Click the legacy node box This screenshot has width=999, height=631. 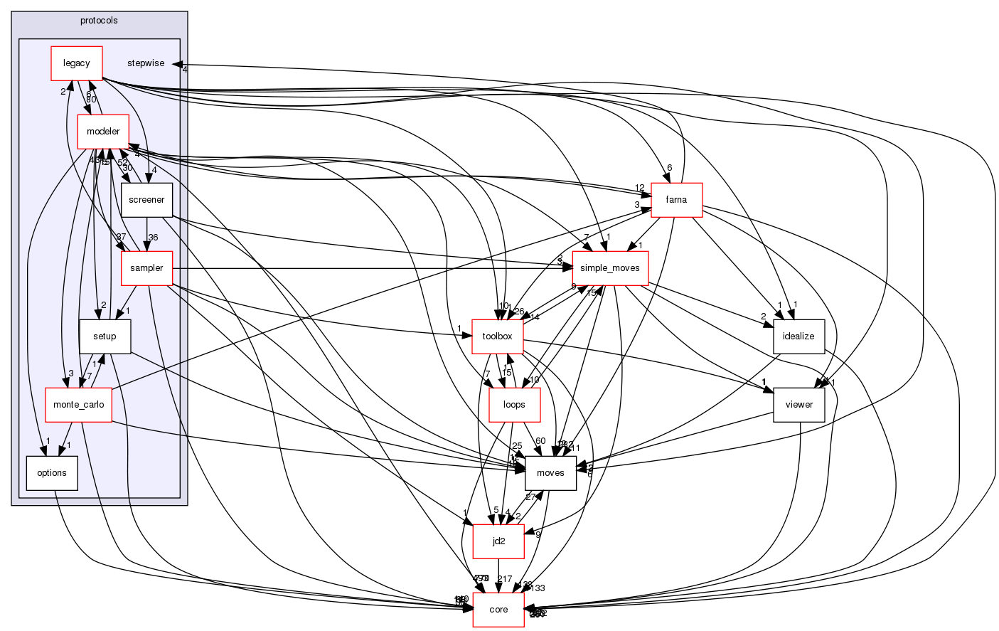click(x=77, y=63)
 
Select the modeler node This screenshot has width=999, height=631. click(x=102, y=132)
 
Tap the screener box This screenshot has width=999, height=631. click(x=146, y=200)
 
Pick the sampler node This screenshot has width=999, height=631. click(x=146, y=268)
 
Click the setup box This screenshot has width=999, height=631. click(x=105, y=336)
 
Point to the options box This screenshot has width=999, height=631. click(x=52, y=473)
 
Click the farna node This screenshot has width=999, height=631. click(x=676, y=200)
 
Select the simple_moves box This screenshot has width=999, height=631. click(x=610, y=268)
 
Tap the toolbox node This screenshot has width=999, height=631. click(x=498, y=336)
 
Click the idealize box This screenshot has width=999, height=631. click(x=798, y=336)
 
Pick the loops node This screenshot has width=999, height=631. click(x=514, y=405)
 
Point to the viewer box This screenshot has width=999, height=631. click(x=798, y=405)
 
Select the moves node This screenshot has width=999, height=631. click(x=550, y=473)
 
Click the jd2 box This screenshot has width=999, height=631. click(x=498, y=541)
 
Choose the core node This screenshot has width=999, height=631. click(x=498, y=610)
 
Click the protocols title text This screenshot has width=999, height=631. click(x=99, y=21)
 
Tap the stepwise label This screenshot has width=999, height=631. click(x=146, y=63)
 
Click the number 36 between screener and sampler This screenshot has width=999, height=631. click(x=153, y=238)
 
